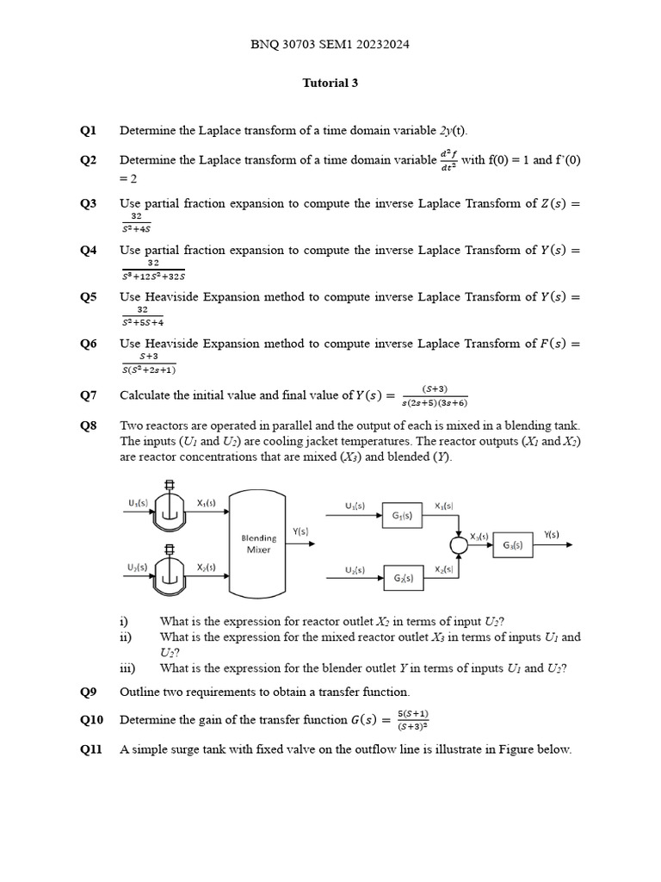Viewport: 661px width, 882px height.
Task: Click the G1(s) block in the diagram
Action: (402, 517)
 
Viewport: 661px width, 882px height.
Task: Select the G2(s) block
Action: (402, 578)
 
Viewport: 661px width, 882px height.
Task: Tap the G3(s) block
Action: (513, 545)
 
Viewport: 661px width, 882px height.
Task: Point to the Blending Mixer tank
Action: (258, 543)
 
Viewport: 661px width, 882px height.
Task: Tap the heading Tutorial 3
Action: (330, 84)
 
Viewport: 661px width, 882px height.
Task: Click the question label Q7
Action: (89, 395)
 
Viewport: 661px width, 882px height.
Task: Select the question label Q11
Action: (91, 749)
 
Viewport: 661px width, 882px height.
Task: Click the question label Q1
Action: (89, 131)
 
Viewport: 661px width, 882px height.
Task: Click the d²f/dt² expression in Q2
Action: (448, 160)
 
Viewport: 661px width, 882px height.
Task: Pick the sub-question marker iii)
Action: (128, 668)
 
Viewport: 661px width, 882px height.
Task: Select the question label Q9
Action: (89, 692)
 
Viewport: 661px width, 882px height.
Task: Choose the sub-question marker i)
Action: (124, 622)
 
